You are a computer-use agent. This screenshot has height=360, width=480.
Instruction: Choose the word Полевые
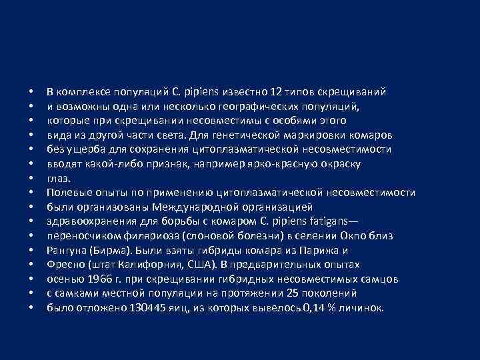pyautogui.click(x=65, y=193)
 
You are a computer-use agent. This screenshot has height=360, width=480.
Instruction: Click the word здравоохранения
pyautogui.click(x=87, y=221)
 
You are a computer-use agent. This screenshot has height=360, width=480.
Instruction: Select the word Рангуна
pyautogui.click(x=67, y=251)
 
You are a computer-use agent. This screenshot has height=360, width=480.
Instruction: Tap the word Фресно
pyautogui.click(x=64, y=265)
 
